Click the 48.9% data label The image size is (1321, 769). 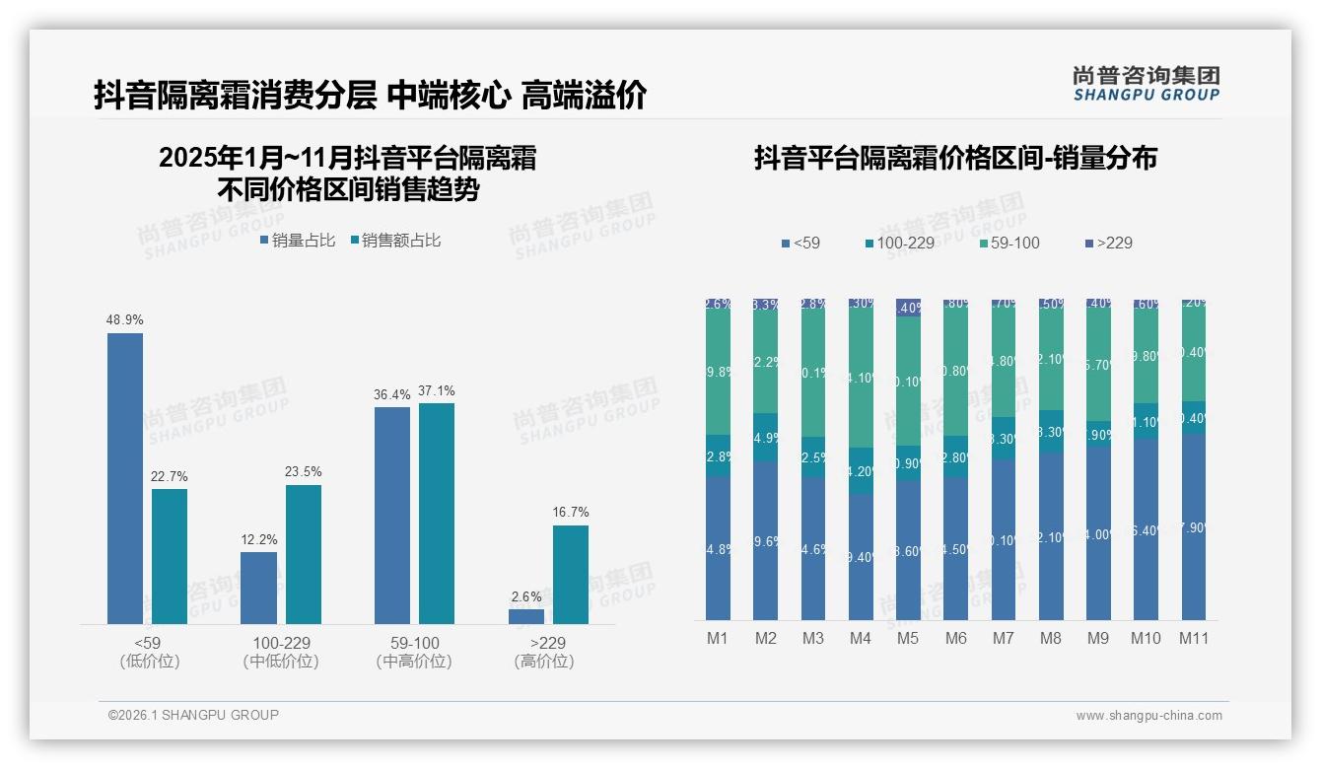(x=125, y=320)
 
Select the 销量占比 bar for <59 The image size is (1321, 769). (x=125, y=478)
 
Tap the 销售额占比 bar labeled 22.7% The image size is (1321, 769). (x=170, y=556)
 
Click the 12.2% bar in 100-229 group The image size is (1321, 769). (x=258, y=588)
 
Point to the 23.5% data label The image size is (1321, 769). (x=304, y=472)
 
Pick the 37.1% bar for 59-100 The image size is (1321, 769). (x=437, y=513)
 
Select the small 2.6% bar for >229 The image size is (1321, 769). (x=526, y=616)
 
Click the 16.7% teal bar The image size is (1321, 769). (x=571, y=574)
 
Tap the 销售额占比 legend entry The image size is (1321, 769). (x=395, y=241)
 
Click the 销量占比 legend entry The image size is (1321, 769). (x=301, y=241)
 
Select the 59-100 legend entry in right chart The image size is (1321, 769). (x=1010, y=243)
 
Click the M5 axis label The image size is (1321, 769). (x=908, y=638)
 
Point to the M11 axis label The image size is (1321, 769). (x=1194, y=638)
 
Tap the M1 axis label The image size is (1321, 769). (x=718, y=638)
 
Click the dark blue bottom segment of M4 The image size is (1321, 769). (x=861, y=557)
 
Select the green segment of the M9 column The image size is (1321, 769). (x=1098, y=365)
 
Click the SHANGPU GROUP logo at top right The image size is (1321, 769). (x=1146, y=84)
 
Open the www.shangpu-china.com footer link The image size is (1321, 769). (x=1148, y=716)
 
